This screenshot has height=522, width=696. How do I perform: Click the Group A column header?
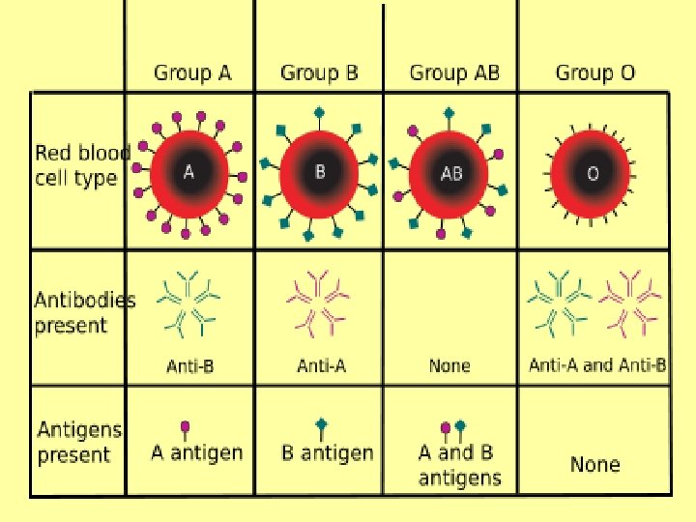click(193, 72)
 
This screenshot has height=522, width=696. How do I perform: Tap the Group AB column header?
click(454, 72)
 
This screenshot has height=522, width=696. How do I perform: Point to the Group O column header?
click(595, 72)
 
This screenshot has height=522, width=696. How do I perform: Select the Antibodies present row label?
click(84, 311)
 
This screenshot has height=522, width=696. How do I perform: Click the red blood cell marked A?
click(189, 172)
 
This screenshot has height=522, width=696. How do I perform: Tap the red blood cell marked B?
click(320, 172)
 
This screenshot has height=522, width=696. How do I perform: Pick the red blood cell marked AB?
click(450, 172)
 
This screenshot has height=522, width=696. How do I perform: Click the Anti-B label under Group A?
click(189, 365)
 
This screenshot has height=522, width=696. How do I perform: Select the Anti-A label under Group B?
click(319, 365)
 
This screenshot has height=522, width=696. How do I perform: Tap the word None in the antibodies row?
click(449, 365)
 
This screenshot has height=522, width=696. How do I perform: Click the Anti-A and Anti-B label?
click(597, 365)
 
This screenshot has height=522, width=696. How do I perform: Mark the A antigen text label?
click(197, 452)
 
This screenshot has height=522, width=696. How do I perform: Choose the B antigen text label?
click(326, 452)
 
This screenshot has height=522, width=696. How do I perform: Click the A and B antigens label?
click(459, 464)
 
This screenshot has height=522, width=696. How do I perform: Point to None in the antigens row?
click(594, 465)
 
